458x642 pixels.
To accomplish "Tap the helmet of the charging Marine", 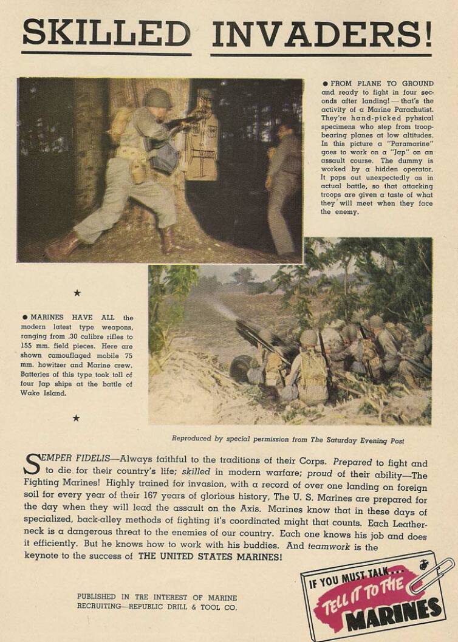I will tap(157, 97).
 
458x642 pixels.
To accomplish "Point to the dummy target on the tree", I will tap(202, 146).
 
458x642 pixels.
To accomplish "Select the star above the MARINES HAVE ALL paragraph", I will tap(77, 293).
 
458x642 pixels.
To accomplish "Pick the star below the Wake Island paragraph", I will tap(77, 418).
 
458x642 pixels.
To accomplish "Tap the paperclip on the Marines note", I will tap(432, 575).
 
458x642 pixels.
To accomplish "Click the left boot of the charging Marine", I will tap(61, 245).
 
